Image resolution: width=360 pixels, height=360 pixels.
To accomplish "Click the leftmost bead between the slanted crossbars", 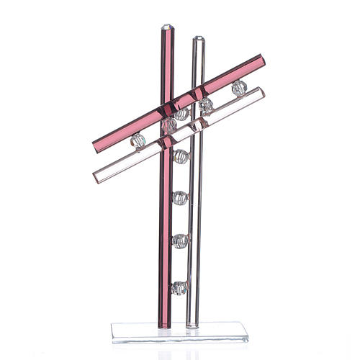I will click(138, 140).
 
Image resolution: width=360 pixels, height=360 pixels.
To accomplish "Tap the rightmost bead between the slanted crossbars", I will click(239, 88).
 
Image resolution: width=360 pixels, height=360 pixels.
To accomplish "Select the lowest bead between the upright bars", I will click(179, 288).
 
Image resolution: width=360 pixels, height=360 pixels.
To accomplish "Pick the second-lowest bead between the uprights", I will click(179, 241).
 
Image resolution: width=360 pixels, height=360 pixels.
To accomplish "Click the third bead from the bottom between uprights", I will click(180, 197).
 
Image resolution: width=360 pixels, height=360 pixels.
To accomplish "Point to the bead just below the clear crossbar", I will click(181, 156).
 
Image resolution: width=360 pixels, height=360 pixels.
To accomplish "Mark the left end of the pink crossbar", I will click(94, 147).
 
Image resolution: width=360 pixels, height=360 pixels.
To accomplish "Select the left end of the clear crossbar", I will click(97, 176).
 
